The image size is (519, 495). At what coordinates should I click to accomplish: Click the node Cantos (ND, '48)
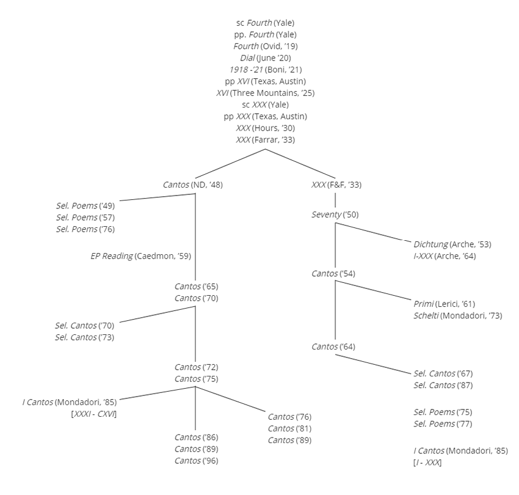click(192, 185)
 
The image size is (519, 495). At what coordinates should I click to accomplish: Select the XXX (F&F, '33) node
click(336, 185)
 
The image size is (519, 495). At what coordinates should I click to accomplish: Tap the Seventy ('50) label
click(335, 215)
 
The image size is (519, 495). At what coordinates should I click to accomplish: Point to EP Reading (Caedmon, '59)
click(140, 256)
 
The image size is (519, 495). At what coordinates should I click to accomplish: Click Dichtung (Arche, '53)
click(452, 244)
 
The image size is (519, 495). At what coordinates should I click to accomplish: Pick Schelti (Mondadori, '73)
click(458, 316)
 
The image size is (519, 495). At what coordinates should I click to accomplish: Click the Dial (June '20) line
click(266, 58)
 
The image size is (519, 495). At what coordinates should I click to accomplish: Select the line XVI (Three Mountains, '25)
click(266, 93)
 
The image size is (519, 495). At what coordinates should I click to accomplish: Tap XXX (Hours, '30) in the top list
click(266, 128)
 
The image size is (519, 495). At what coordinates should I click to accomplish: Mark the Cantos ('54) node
click(333, 274)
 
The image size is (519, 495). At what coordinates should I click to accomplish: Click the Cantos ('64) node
click(333, 347)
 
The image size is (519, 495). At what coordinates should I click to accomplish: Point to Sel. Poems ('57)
click(85, 218)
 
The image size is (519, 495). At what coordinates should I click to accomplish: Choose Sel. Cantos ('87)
click(443, 386)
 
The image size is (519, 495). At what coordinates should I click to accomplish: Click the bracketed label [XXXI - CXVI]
click(94, 414)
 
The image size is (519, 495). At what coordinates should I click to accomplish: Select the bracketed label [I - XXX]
click(427, 463)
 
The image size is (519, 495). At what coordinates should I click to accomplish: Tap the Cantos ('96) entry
click(196, 461)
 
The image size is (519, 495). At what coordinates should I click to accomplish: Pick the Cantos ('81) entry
click(289, 429)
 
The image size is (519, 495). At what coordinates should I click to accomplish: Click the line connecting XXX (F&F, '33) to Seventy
click(335, 200)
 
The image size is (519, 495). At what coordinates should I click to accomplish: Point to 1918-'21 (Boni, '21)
click(266, 70)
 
